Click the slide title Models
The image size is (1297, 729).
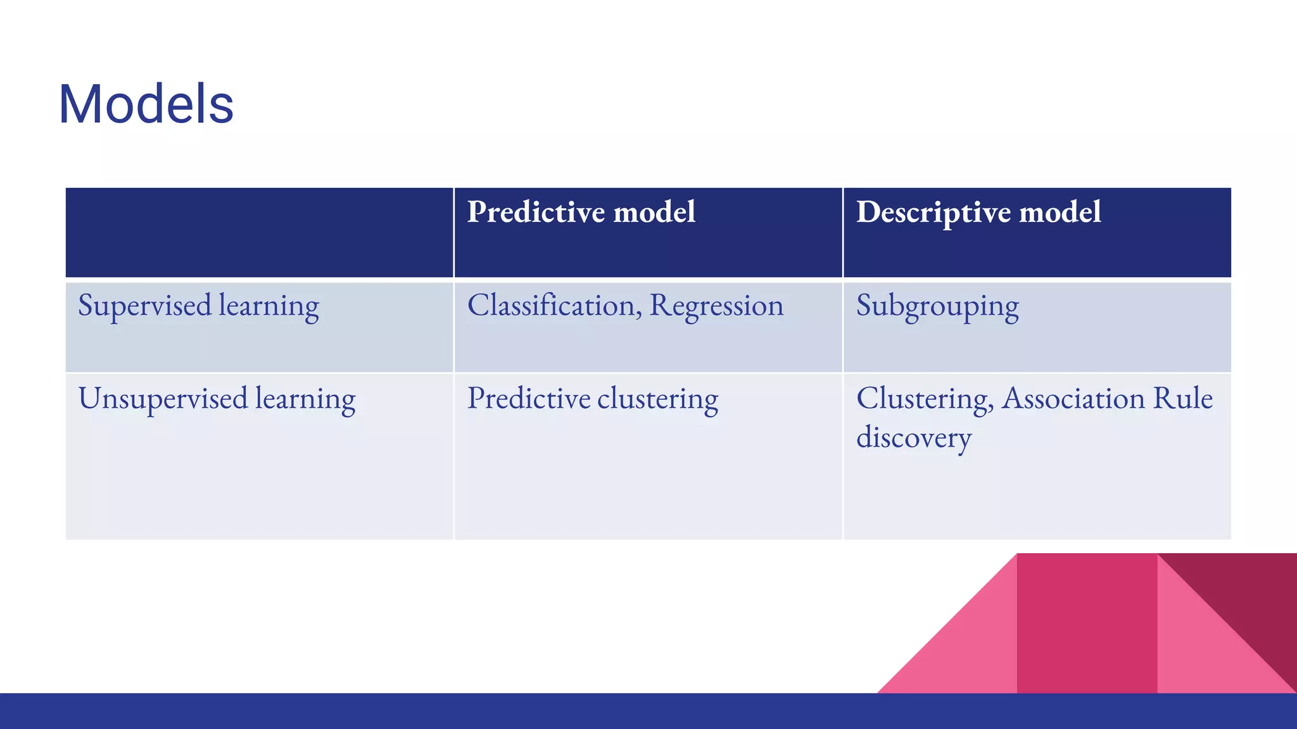tap(146, 104)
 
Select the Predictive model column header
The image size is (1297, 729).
tap(581, 212)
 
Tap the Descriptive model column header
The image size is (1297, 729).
tap(978, 212)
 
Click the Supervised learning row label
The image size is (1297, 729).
tap(198, 306)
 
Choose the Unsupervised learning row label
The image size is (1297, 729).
tap(217, 399)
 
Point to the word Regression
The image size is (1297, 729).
tap(716, 306)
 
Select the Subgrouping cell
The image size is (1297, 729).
tap(937, 306)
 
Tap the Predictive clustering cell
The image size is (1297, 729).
tap(592, 399)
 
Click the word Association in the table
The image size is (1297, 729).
tap(1073, 399)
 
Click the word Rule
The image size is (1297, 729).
tap(1182, 399)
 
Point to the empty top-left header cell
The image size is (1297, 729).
tap(259, 232)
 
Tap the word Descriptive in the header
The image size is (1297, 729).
tap(934, 212)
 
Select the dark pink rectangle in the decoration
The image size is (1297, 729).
tap(1087, 623)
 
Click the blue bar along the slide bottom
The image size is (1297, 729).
tap(648, 711)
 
